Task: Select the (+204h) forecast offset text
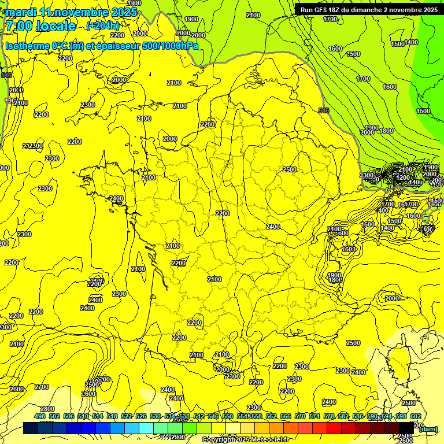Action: coord(102,25)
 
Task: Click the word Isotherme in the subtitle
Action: coord(27,46)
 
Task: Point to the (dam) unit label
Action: coord(428,428)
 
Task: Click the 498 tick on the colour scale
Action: coord(40,416)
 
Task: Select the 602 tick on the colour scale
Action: coord(415,416)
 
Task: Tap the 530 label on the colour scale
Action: coord(156,416)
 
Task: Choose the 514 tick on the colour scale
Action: coord(98,416)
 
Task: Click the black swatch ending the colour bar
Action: coord(407,428)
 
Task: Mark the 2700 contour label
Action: coord(42,387)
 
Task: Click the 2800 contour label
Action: coord(47,409)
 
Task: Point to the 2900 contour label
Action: coord(178,437)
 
